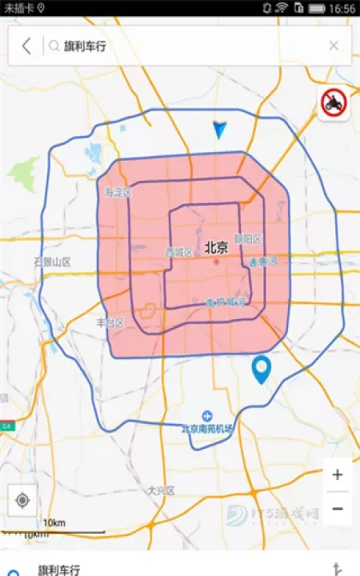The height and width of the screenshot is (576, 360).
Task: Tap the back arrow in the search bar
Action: tap(26, 46)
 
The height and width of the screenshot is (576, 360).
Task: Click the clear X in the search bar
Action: tap(334, 46)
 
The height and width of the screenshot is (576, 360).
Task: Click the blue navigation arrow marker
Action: tap(220, 130)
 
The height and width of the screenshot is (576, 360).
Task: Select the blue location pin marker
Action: tap(261, 370)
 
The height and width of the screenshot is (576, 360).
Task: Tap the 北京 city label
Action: tap(216, 248)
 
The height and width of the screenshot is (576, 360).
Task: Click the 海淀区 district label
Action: tap(117, 192)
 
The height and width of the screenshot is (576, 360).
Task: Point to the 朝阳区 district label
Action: tap(249, 238)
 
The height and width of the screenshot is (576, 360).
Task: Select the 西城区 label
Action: tap(178, 252)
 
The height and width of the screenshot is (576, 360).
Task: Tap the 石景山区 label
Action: tap(52, 262)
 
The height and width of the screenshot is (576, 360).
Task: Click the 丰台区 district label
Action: tap(110, 322)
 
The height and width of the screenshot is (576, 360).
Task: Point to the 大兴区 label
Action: tap(161, 490)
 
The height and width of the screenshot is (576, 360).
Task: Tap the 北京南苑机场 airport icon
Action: tap(207, 415)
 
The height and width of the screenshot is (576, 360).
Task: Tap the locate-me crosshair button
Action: tap(22, 500)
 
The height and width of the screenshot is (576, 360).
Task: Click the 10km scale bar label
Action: tap(54, 523)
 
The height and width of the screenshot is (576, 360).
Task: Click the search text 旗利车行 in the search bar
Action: tap(85, 46)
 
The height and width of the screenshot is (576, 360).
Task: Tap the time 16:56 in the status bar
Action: tap(342, 8)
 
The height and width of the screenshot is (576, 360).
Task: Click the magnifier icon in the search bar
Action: tap(54, 46)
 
